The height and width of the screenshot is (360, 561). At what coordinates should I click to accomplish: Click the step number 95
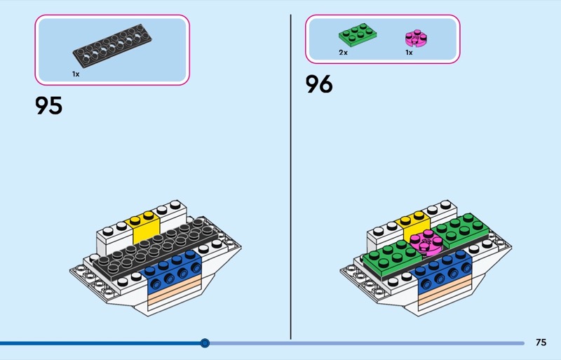pyautogui.click(x=49, y=106)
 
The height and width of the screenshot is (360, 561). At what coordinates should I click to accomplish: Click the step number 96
pyautogui.click(x=319, y=85)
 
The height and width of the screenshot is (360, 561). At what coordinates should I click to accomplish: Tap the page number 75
pyautogui.click(x=541, y=342)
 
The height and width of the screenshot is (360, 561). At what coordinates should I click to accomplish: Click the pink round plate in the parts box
pyautogui.click(x=415, y=39)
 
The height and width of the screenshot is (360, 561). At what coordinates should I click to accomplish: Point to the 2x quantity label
pyautogui.click(x=344, y=53)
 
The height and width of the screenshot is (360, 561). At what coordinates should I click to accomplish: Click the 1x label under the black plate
pyautogui.click(x=75, y=74)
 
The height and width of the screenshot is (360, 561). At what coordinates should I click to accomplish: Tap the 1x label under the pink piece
pyautogui.click(x=409, y=53)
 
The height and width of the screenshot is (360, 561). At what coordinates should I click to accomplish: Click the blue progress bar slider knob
pyautogui.click(x=205, y=343)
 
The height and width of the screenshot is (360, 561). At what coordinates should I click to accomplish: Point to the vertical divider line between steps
pyautogui.click(x=290, y=175)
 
